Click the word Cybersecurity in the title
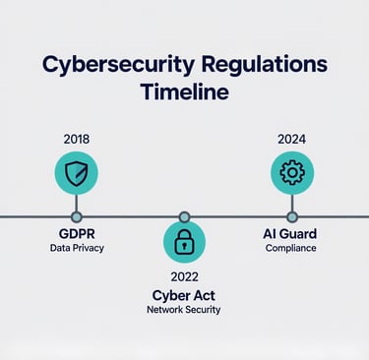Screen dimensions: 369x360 [118, 65]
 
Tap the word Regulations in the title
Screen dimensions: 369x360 [265, 65]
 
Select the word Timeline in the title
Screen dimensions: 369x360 [185, 91]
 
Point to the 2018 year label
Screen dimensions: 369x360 [77, 140]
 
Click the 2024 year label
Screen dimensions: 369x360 [291, 140]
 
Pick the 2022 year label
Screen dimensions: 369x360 [184, 276]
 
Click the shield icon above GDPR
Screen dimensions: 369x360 [76, 173]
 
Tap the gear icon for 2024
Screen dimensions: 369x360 [292, 173]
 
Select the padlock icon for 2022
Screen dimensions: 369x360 [184, 242]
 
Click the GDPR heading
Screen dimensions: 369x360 [77, 234]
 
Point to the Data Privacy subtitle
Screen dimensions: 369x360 [77, 248]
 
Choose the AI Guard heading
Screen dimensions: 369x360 [290, 234]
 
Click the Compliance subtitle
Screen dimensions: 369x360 [291, 248]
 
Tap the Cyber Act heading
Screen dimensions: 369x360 [184, 296]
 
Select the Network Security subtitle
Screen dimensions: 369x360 [184, 310]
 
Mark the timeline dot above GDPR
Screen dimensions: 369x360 [77, 217]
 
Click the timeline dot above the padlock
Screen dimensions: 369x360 [184, 217]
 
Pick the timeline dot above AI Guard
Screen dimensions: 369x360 [292, 217]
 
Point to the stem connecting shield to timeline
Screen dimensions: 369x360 [77, 204]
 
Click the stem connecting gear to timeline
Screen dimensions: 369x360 [292, 204]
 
